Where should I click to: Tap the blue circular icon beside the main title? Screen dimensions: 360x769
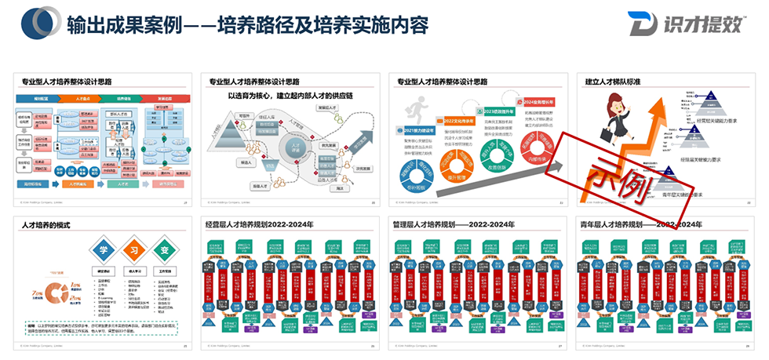point(38,25)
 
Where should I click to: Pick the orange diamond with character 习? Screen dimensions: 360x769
point(134,249)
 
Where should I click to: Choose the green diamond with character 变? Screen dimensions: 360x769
point(164,249)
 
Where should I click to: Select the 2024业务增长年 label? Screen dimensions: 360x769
point(540,103)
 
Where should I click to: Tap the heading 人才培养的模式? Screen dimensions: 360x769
point(46,225)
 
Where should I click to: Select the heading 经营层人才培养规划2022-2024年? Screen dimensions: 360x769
point(259,225)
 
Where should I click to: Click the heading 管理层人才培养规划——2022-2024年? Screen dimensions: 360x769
point(454,225)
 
